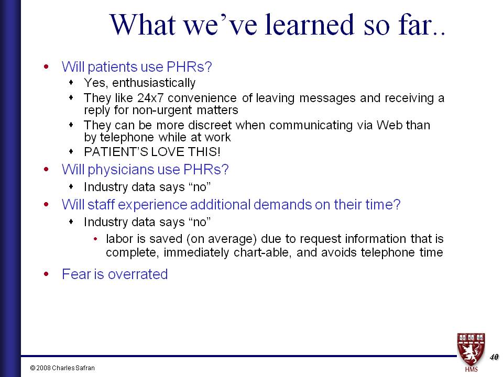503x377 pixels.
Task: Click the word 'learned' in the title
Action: click(x=309, y=25)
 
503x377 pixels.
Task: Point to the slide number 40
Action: click(x=494, y=357)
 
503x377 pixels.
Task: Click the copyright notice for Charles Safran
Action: click(x=62, y=368)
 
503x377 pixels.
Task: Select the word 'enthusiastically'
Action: click(x=154, y=83)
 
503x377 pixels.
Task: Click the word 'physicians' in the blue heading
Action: click(x=121, y=170)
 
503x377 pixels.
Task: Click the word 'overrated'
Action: click(x=138, y=274)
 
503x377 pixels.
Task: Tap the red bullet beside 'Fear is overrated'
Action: click(x=47, y=274)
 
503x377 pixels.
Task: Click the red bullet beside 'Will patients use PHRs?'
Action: click(x=47, y=66)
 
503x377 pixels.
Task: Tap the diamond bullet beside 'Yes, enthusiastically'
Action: click(x=71, y=82)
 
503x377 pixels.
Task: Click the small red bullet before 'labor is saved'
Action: click(x=95, y=239)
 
